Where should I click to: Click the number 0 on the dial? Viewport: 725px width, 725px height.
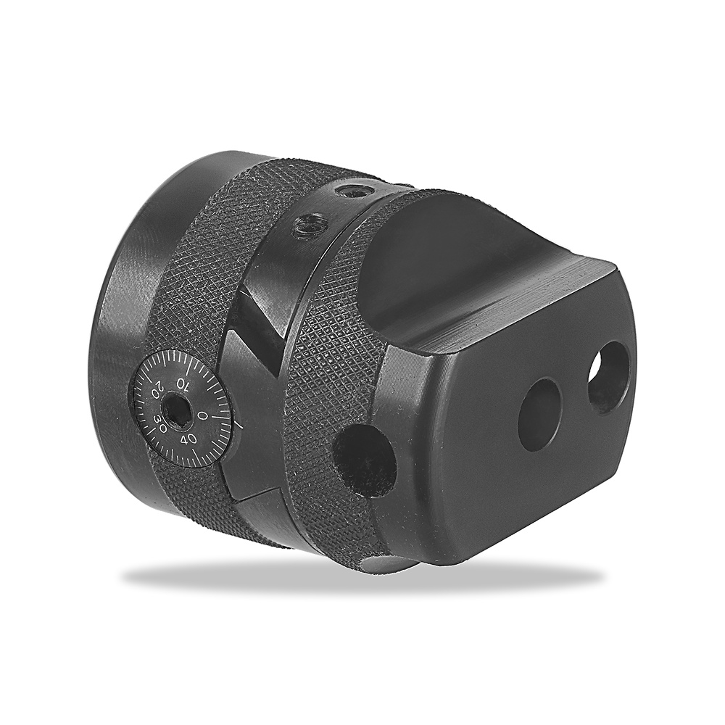click(202, 415)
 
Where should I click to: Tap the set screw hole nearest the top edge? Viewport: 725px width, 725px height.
click(352, 191)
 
